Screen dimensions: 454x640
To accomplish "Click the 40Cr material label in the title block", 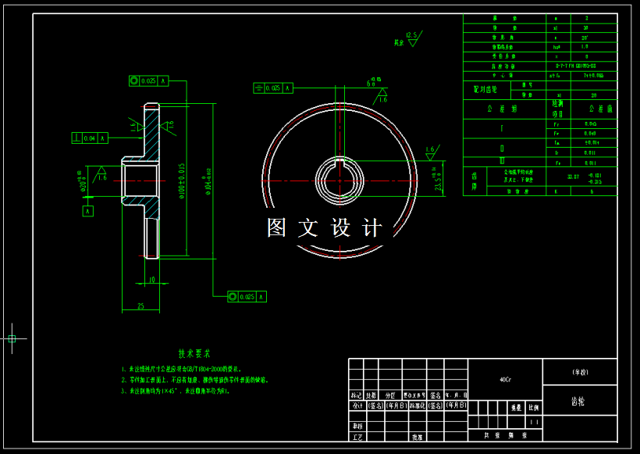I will tap(505, 380).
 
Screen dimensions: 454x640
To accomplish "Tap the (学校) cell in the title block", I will tap(579, 372).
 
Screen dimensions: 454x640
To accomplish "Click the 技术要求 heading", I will tap(194, 354).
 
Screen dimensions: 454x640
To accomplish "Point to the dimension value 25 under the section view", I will tap(140, 306).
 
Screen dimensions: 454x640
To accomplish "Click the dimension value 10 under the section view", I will tap(151, 279).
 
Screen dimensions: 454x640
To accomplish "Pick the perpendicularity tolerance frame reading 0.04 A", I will tap(89, 138).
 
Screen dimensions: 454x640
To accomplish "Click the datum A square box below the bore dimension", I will tap(87, 210).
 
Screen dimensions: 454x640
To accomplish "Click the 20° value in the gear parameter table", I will tap(585, 38).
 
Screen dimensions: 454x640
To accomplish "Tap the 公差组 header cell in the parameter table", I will tap(496, 109).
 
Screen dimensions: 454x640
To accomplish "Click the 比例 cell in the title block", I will tap(533, 408).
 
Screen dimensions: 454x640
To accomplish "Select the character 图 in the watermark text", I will tap(277, 228).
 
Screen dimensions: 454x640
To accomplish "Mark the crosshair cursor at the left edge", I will tap(12, 338).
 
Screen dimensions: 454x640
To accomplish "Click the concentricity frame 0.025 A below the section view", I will tap(247, 297).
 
